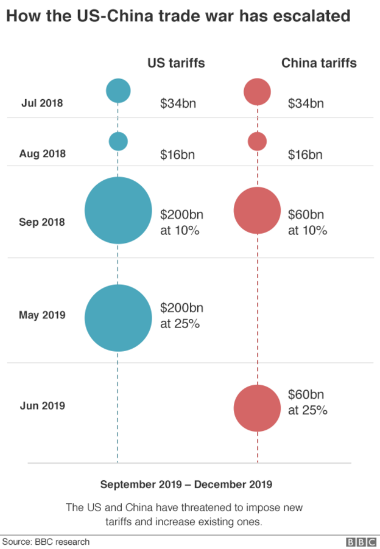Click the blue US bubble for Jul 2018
tap(118, 91)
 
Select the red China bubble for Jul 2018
tap(257, 91)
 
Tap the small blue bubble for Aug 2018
tap(118, 141)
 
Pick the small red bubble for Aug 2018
tap(257, 141)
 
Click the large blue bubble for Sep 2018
tap(118, 211)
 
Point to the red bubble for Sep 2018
tap(257, 211)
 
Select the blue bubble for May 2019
tap(118, 318)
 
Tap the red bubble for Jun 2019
tap(257, 408)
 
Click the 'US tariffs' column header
tap(176, 63)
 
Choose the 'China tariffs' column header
tap(318, 63)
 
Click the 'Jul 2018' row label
tap(42, 103)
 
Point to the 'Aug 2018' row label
tap(42, 154)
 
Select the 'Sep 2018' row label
tap(42, 222)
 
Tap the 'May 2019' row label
tap(42, 315)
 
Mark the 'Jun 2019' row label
tap(42, 405)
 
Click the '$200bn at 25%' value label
tap(181, 316)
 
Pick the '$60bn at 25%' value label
tap(308, 402)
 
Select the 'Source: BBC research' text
tap(46, 542)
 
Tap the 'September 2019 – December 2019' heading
tap(186, 484)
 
